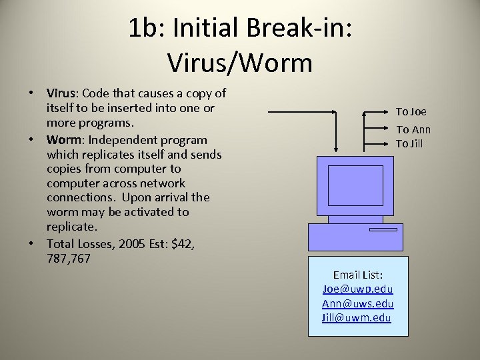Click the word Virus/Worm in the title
coord(239,63)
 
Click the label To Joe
coord(411,112)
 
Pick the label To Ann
coord(413,130)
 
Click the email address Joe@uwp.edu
coord(357,289)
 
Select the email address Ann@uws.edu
coord(357,303)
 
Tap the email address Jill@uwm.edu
coord(357,317)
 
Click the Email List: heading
coord(357,275)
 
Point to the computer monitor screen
coord(356,185)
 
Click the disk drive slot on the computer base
coord(383,229)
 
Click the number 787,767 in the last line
coord(69,258)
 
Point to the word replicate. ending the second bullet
coord(71,227)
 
